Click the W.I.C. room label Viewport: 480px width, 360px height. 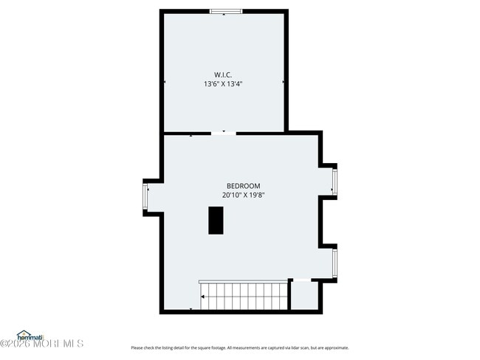[x=223, y=75]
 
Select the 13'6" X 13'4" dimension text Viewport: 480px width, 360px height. [x=223, y=84]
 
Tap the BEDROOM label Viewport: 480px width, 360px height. [x=243, y=186]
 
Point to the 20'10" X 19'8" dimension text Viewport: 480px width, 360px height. [x=243, y=195]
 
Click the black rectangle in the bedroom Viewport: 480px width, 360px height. [x=216, y=220]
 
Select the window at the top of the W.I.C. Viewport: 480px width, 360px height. [x=224, y=11]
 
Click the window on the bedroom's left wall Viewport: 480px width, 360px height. [x=145, y=197]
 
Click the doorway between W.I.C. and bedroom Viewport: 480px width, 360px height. [x=224, y=133]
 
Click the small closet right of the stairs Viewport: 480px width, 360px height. [x=306, y=295]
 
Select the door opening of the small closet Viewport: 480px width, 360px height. [x=302, y=280]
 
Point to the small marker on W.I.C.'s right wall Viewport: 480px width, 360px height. [x=285, y=82]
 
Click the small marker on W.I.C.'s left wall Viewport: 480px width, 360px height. [x=163, y=82]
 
